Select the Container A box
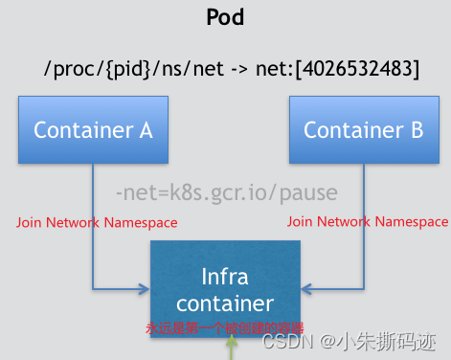93,130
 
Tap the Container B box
363,130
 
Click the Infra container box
226,287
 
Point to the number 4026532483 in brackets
358,69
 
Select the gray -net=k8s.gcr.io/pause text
226,193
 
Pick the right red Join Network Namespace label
368,222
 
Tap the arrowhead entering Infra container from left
145,285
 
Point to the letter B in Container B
417,130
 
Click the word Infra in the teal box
226,277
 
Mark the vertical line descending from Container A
93,220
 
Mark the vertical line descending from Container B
363,220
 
